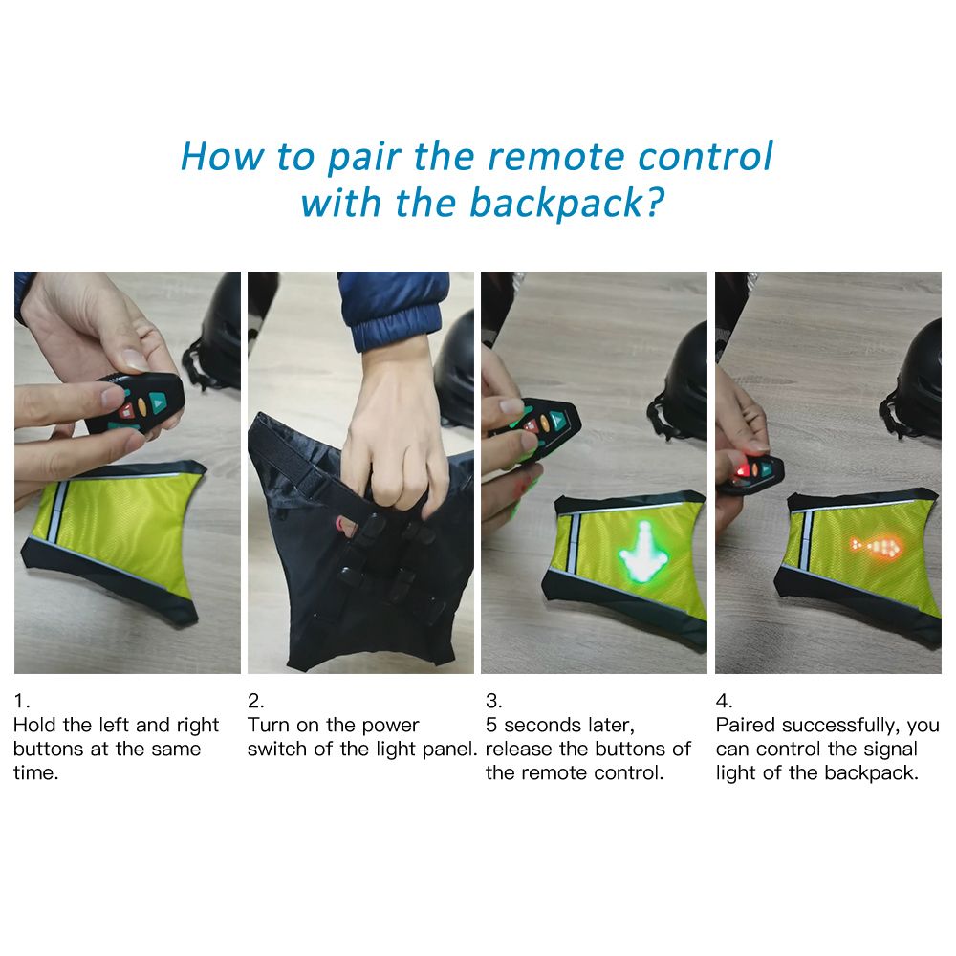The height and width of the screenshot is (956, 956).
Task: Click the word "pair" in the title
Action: coord(364,158)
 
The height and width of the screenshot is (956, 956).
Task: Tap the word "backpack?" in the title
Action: coord(566,204)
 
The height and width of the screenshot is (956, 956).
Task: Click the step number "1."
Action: coord(21,701)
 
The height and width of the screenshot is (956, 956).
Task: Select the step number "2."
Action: coord(255,701)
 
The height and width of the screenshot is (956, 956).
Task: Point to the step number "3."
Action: coord(494,701)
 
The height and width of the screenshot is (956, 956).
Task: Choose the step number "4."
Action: coord(724,701)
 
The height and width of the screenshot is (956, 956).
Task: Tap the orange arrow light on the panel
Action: coord(876,546)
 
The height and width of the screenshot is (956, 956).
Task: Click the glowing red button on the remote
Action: coord(742,470)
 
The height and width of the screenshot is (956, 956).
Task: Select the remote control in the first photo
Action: coord(136,403)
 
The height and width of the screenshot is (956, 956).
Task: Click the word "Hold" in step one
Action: coord(35,725)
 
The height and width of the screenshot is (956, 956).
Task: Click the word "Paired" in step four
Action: coord(746,725)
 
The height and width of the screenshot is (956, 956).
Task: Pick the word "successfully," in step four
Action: coord(840,726)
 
